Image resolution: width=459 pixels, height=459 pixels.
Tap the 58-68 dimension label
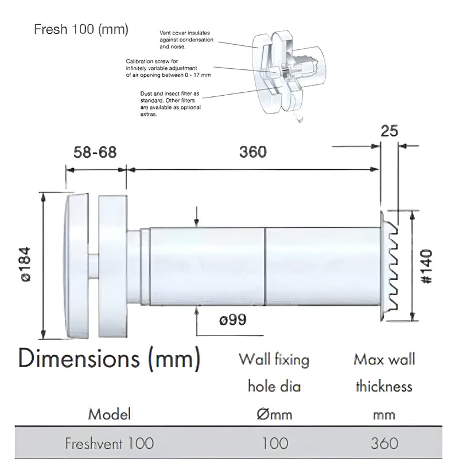(x=95, y=152)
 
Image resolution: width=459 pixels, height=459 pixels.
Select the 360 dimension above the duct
(x=252, y=152)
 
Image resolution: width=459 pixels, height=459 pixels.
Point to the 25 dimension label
(x=390, y=131)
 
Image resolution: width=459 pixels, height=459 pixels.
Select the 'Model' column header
(x=109, y=414)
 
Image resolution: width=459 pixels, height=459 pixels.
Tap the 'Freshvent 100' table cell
(x=109, y=443)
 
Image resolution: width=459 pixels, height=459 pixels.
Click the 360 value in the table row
(x=384, y=443)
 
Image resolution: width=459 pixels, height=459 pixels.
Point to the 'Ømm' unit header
(x=273, y=414)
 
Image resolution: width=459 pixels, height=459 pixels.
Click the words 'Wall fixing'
(x=274, y=360)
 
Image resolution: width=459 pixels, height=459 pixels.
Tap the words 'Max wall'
(x=384, y=360)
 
